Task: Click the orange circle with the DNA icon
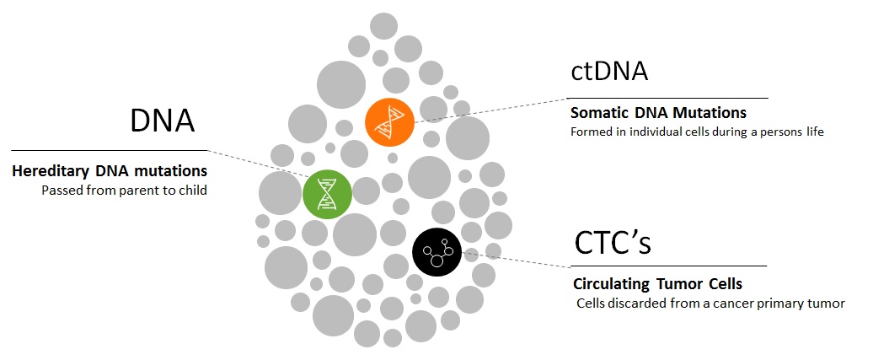[389, 122]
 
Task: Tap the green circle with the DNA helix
[327, 194]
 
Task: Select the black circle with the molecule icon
[437, 251]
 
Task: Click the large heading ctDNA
[609, 72]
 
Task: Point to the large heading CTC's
[613, 243]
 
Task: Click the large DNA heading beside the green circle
[163, 121]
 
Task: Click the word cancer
[752, 304]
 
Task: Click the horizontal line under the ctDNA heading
[669, 98]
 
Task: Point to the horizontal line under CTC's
[670, 266]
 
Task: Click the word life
[815, 133]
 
